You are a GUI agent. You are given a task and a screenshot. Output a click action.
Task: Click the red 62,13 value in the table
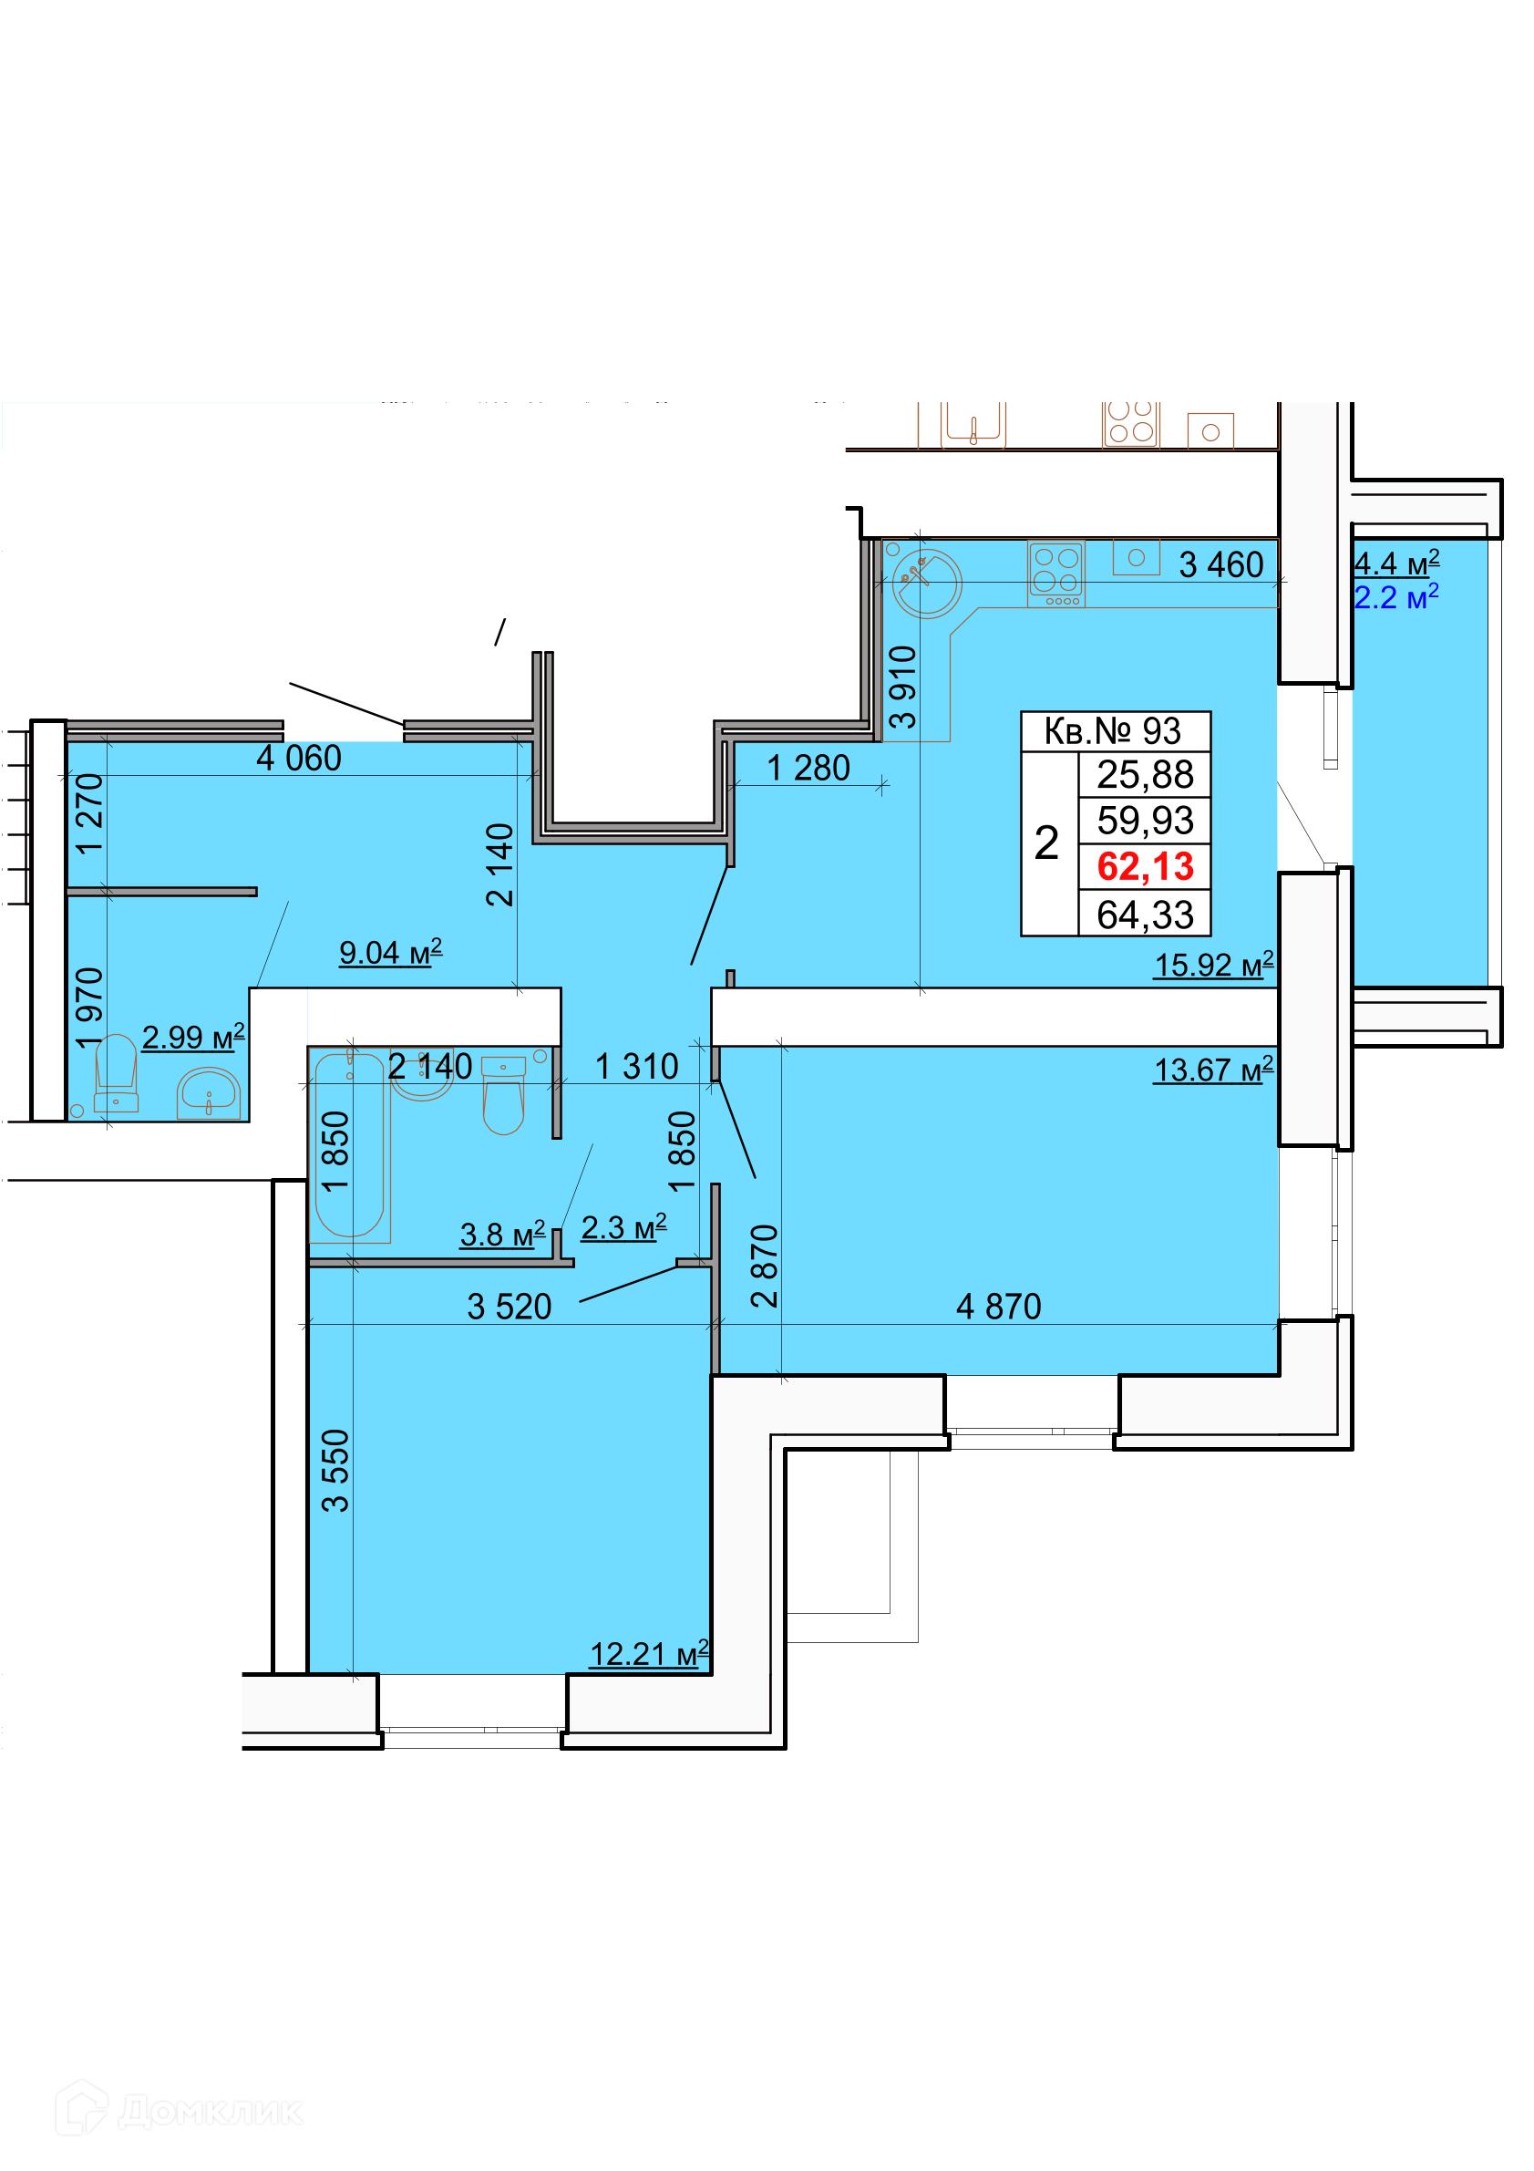(1145, 866)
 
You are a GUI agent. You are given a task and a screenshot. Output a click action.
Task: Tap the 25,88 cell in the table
(1145, 774)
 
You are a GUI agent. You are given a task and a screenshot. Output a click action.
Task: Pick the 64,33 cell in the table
(1145, 915)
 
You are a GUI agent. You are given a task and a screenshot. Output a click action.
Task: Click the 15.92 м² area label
(1213, 965)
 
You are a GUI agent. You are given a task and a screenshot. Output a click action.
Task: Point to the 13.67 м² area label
(1213, 1070)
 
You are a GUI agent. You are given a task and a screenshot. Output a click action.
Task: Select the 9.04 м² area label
(390, 951)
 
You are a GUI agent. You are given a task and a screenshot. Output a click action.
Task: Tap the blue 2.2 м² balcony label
(1396, 596)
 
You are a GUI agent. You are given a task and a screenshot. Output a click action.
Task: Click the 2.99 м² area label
(193, 1037)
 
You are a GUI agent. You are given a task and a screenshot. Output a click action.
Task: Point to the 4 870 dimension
(998, 1306)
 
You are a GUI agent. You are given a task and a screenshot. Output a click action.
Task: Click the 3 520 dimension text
(509, 1306)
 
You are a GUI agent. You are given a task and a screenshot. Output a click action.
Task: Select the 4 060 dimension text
(299, 758)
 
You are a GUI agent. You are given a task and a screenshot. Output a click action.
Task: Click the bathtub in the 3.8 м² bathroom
(349, 1144)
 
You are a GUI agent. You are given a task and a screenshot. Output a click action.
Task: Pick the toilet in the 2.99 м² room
(117, 1073)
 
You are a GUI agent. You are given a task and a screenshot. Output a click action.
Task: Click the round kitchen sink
(926, 584)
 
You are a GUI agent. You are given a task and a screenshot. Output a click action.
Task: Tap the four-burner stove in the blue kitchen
(1055, 574)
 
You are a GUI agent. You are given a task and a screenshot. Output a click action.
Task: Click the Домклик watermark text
(210, 2111)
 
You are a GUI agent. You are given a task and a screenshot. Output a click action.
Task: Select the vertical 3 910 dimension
(902, 687)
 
